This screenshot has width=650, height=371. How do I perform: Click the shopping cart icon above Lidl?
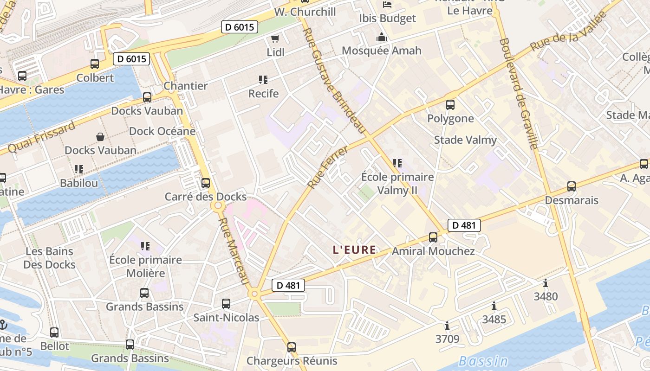(x=275, y=38)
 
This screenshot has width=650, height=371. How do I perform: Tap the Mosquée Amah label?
(x=382, y=51)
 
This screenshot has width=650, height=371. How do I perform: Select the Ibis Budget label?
(x=387, y=19)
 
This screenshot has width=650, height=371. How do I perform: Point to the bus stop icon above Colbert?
(x=95, y=64)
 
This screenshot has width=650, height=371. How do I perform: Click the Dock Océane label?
(x=162, y=131)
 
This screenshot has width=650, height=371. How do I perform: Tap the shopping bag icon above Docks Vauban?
(x=100, y=136)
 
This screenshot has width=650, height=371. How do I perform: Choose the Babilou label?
(x=79, y=183)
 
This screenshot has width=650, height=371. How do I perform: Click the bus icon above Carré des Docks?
(x=206, y=183)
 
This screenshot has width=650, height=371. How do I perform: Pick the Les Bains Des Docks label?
(x=49, y=258)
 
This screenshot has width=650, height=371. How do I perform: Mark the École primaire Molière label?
(x=145, y=266)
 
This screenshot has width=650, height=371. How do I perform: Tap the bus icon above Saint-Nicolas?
(x=226, y=304)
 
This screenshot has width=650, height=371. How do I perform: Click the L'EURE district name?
(x=354, y=250)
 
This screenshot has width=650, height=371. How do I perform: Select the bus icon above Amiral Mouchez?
(x=433, y=237)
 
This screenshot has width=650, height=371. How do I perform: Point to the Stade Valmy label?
(x=465, y=140)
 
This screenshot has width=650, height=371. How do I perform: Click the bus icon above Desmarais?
(x=572, y=186)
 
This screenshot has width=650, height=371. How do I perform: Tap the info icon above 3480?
(x=546, y=283)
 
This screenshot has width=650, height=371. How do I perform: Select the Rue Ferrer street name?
(x=328, y=167)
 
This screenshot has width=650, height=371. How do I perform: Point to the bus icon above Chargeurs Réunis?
(x=292, y=347)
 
